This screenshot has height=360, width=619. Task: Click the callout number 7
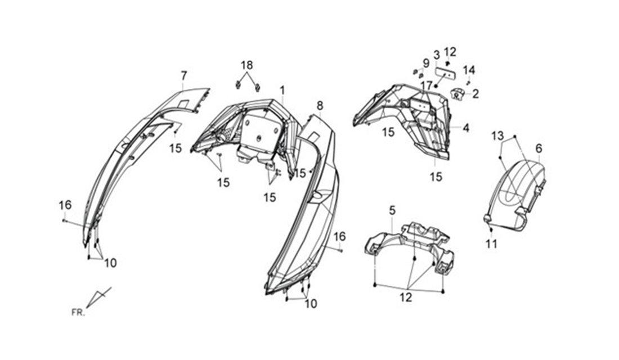pos(183,75)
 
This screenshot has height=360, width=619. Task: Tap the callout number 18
pos(246,65)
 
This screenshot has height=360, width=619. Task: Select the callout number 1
pos(282,91)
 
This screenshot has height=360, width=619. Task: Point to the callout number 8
pos(320,105)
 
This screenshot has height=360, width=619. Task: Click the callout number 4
pos(467,128)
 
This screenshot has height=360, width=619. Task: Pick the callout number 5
pos(392,210)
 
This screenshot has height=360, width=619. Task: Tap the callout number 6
pos(539,148)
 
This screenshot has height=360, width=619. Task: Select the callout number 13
pos(497,136)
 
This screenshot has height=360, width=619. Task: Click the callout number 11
pos(491,244)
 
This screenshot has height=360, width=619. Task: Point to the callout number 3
pos(437,55)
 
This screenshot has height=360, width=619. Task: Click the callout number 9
pos(425,63)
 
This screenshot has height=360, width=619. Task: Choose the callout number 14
pos(469,70)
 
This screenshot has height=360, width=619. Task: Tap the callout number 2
pos(476,94)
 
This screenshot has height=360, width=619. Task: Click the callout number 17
pos(427,85)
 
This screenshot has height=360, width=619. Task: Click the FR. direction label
pos(78,313)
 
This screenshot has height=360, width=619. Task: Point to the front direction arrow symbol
pos(98,297)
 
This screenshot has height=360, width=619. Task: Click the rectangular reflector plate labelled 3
pos(446,74)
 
